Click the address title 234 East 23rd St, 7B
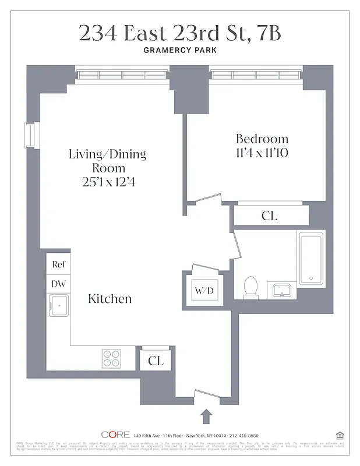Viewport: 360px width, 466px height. [179, 33]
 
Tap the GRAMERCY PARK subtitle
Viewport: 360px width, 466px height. [179, 51]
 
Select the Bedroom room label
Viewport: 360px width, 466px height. [262, 139]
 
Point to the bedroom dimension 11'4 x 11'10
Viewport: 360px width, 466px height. [262, 153]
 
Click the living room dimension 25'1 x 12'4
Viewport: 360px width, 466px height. [107, 182]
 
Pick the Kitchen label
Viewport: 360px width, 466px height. [110, 299]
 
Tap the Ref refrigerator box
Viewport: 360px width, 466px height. [58, 264]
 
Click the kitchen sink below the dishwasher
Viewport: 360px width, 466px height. [58, 305]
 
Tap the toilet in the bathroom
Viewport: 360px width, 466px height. [250, 287]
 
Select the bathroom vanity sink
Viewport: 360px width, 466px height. [282, 290]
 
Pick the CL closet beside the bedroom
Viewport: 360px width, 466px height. [269, 216]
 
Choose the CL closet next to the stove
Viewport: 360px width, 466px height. [156, 361]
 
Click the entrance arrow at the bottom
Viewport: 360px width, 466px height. [207, 416]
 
